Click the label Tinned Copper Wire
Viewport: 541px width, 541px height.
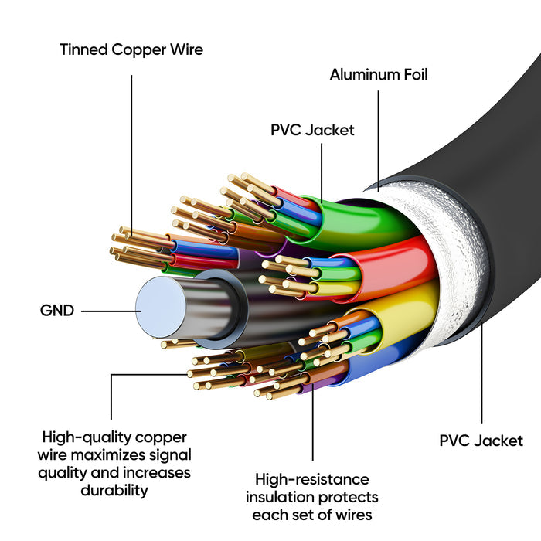coord(131,49)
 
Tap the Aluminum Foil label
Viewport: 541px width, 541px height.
coord(379,75)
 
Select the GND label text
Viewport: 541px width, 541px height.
coord(57,311)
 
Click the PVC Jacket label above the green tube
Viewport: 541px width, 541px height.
coord(312,130)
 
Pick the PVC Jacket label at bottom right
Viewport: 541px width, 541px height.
coord(481,441)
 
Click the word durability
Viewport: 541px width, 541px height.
coord(114,489)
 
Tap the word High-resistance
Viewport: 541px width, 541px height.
coord(312,479)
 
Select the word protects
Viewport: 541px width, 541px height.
coord(352,496)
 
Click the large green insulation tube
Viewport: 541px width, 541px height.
coord(371,220)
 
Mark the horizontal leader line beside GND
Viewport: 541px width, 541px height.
coord(107,311)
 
